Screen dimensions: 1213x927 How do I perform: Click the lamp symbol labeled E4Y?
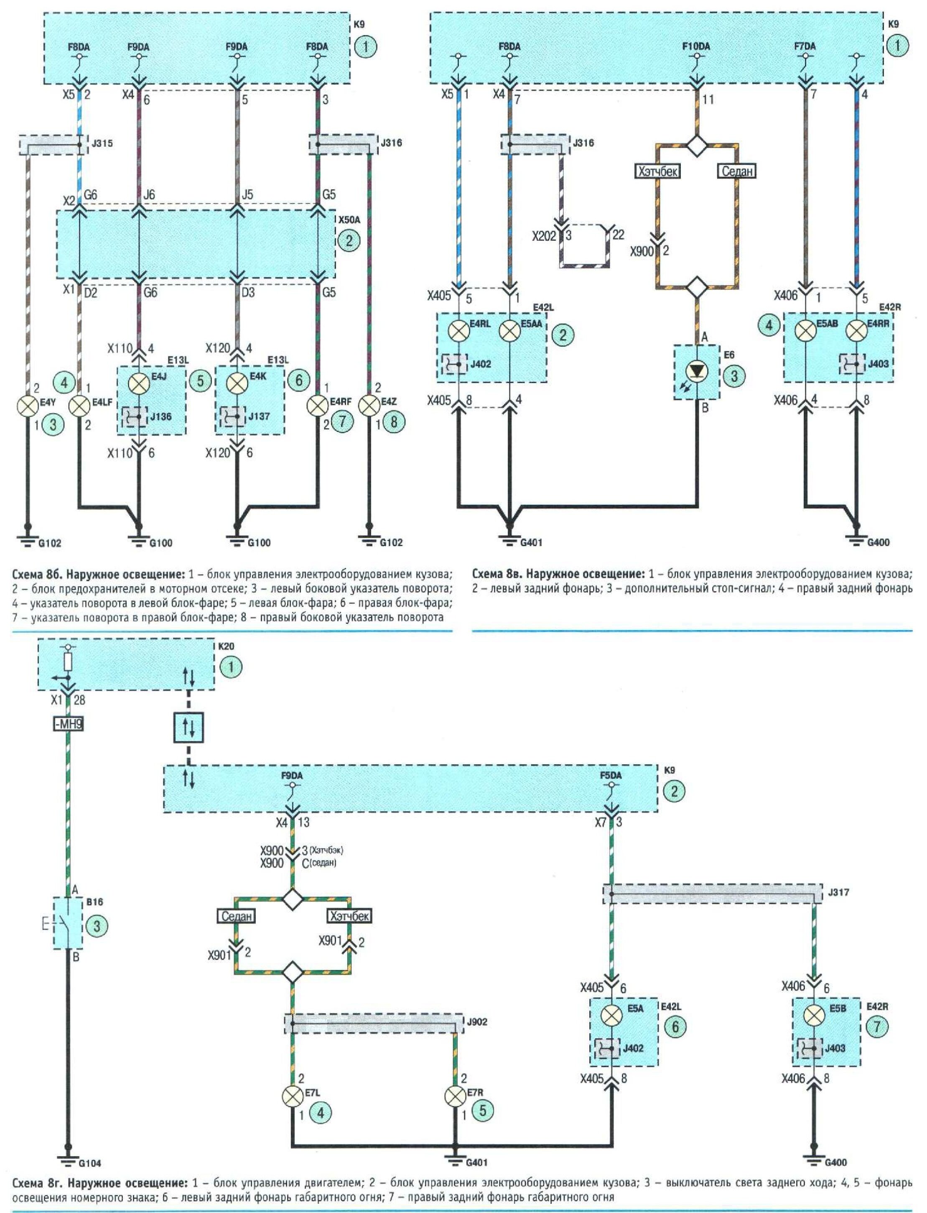28,407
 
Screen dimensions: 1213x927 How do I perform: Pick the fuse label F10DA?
696,47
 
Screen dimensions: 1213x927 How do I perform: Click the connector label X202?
544,236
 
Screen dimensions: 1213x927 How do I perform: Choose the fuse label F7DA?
805,47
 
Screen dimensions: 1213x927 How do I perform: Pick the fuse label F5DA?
611,775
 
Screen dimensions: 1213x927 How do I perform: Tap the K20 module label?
222,646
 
